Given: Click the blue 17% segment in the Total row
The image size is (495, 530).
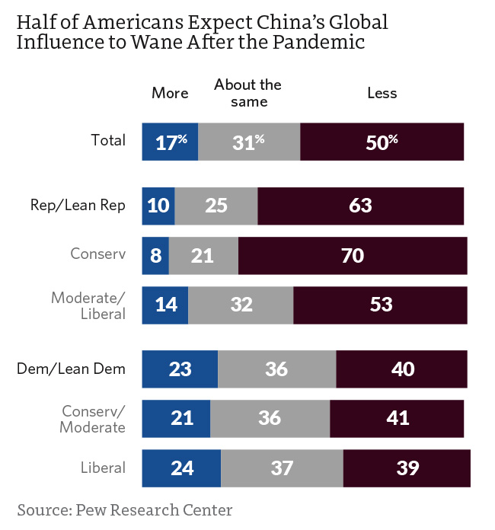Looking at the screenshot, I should (x=170, y=141).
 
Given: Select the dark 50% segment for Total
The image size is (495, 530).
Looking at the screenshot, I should (x=382, y=141).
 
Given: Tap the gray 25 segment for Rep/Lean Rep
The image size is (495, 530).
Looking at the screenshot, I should (x=216, y=206).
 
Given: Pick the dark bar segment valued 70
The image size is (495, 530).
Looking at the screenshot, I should (x=353, y=255).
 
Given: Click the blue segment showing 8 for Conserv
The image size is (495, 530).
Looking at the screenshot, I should (x=155, y=255).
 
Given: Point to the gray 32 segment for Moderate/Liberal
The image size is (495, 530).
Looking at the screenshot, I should (x=241, y=305).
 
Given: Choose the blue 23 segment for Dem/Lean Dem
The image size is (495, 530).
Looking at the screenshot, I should (x=180, y=369).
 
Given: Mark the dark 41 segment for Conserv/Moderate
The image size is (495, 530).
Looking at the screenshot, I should (x=397, y=418).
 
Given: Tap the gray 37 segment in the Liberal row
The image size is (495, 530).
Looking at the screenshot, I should (x=282, y=468).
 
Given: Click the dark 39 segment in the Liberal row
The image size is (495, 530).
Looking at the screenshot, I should (x=407, y=468).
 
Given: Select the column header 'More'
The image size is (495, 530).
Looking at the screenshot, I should (x=170, y=93).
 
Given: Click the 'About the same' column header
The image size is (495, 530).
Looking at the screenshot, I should (x=247, y=93).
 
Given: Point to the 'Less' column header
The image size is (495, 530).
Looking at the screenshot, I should (x=382, y=93).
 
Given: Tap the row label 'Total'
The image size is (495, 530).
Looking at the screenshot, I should (x=108, y=140).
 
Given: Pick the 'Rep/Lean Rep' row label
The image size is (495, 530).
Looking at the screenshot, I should (x=78, y=205).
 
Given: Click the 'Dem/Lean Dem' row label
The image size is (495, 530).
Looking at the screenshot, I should (x=72, y=369).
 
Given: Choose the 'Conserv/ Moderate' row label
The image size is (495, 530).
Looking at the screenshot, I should (x=93, y=419).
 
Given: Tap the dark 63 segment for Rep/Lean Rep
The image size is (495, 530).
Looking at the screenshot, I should (x=361, y=206).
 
